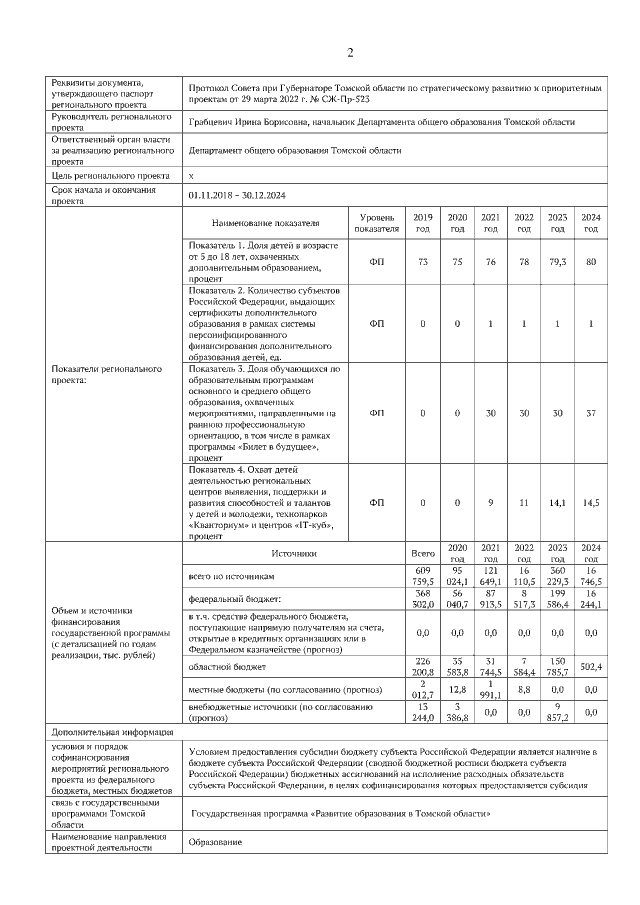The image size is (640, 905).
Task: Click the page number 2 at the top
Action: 350,53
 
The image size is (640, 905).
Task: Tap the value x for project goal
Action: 191,175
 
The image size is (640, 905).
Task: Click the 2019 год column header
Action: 424,223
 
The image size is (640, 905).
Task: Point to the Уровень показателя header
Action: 377,223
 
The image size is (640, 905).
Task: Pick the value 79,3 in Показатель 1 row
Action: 557,262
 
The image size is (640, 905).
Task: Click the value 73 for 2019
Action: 424,262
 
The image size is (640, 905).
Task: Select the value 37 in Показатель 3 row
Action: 591,412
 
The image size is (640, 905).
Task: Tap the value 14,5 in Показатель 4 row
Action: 591,502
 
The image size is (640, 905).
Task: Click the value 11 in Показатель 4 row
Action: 524,502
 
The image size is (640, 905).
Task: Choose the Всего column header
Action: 423,552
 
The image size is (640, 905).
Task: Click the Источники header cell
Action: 294,552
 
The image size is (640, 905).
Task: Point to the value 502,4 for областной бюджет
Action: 591,666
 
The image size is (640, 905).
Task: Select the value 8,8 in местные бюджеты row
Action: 524,689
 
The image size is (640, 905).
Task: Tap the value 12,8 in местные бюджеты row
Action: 457,689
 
